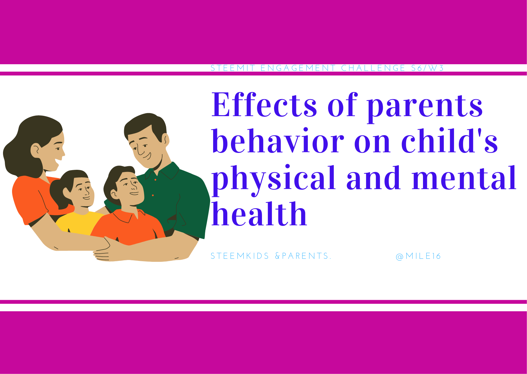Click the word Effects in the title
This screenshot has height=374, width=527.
click(x=264, y=104)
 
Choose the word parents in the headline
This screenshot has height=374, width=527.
click(x=425, y=107)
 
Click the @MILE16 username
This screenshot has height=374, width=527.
click(x=418, y=256)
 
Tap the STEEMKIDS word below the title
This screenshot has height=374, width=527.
click(x=240, y=256)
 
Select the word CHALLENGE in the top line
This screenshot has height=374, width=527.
click(x=373, y=68)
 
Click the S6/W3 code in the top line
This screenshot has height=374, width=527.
click(x=428, y=68)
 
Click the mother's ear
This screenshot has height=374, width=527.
click(x=36, y=149)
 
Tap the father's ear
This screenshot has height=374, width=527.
click(x=166, y=139)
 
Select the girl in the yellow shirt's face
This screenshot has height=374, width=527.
click(x=82, y=192)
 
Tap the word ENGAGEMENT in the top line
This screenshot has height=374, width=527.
click(x=298, y=68)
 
